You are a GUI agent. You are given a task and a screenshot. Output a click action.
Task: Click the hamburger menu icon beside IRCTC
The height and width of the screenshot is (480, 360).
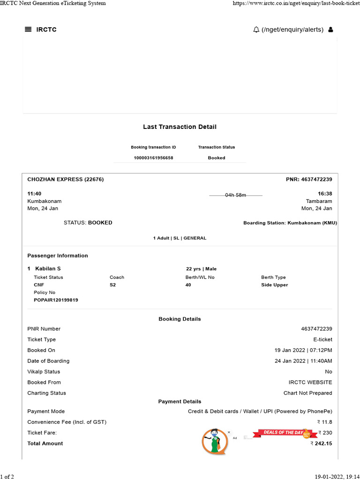coord(28,30)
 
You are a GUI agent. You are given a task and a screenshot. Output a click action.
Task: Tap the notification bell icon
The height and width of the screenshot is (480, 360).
coord(256,30)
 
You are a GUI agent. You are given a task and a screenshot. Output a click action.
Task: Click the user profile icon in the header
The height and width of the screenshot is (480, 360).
coord(331,30)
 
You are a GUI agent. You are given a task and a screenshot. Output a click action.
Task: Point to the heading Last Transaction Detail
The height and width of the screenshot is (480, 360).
coord(180,127)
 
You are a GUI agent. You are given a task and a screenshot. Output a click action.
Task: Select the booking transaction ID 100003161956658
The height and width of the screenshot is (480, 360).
coord(153,158)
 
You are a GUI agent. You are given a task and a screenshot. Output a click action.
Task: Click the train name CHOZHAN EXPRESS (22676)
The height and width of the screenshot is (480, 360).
coord(66,180)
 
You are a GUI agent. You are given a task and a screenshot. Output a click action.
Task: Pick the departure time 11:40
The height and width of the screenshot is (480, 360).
coord(35,194)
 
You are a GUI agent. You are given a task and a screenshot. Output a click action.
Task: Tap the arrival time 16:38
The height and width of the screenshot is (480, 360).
coord(325,194)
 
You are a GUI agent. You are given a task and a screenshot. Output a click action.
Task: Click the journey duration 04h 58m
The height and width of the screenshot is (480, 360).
coord(236,195)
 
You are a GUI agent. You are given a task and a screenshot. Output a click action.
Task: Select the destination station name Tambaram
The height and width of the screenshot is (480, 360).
coord(319,201)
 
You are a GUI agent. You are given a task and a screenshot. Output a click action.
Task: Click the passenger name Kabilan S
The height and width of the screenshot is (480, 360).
coord(48,269)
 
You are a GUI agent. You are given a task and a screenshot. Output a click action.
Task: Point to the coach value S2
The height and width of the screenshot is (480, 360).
coord(112,285)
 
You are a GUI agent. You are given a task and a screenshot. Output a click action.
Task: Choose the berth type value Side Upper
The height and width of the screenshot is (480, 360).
coord(275,285)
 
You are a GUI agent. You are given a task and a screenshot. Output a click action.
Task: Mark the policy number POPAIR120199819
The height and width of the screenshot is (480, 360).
coord(56,300)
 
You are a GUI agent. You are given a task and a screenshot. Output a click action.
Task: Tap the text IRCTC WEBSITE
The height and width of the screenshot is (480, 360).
coord(310,382)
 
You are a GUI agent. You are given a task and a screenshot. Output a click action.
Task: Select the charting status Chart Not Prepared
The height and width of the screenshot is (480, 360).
coord(307,393)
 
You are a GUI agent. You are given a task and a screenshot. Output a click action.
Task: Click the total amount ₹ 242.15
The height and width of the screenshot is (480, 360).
coord(321,443)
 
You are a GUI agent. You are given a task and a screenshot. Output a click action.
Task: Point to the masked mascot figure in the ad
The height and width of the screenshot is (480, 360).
coord(214,441)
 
